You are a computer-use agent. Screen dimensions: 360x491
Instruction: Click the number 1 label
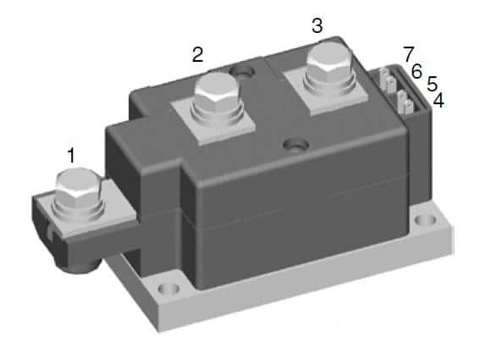(x=72, y=155)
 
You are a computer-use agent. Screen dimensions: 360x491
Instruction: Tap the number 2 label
(x=197, y=55)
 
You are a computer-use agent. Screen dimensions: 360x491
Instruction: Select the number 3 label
(x=317, y=26)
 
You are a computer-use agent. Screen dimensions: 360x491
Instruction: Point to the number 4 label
(x=438, y=102)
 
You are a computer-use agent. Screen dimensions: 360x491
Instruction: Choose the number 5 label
(x=432, y=86)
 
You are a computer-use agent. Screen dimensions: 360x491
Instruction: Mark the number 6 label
(x=417, y=71)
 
